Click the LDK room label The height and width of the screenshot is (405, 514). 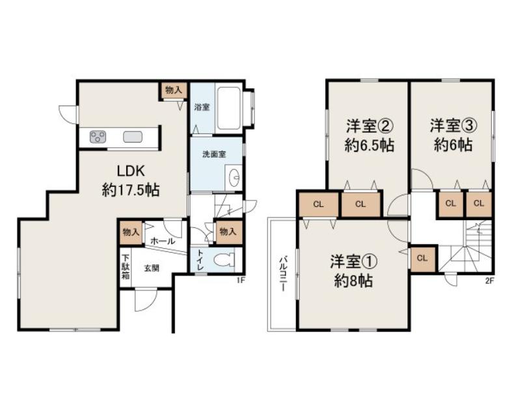pyautogui.click(x=131, y=171)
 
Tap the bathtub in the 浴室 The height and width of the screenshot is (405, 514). pyautogui.click(x=229, y=108)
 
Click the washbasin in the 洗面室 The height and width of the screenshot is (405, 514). pyautogui.click(x=235, y=177)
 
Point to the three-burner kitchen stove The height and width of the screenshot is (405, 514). pyautogui.click(x=98, y=137)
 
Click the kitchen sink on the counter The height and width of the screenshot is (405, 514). pyautogui.click(x=133, y=137)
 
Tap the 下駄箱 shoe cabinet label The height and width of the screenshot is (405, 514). pyautogui.click(x=126, y=267)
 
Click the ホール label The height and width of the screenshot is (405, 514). pyautogui.click(x=163, y=241)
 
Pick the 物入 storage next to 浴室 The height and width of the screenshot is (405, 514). pyautogui.click(x=174, y=91)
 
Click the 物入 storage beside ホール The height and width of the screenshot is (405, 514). pyautogui.click(x=131, y=232)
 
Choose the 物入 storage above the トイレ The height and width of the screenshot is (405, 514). pyautogui.click(x=228, y=232)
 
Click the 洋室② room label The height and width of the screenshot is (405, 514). pyautogui.click(x=369, y=126)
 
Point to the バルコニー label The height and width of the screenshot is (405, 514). pyautogui.click(x=283, y=275)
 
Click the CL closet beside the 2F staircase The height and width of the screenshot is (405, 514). pyautogui.click(x=422, y=258)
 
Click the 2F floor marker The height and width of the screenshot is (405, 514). pyautogui.click(x=489, y=281)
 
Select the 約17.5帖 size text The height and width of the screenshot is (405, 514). pyautogui.click(x=131, y=189)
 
